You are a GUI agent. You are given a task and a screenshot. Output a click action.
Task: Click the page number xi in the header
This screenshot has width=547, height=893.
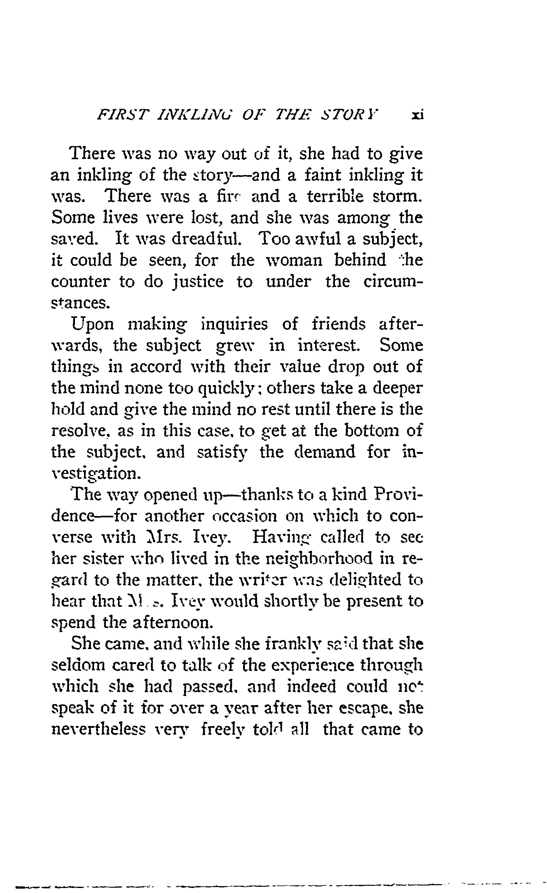(x=418, y=115)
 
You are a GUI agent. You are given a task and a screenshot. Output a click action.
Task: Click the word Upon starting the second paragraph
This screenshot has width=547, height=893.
(x=93, y=324)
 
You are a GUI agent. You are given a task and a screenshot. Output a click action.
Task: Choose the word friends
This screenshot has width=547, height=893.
(x=339, y=324)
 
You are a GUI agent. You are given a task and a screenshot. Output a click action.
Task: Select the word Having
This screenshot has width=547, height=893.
(x=277, y=537)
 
